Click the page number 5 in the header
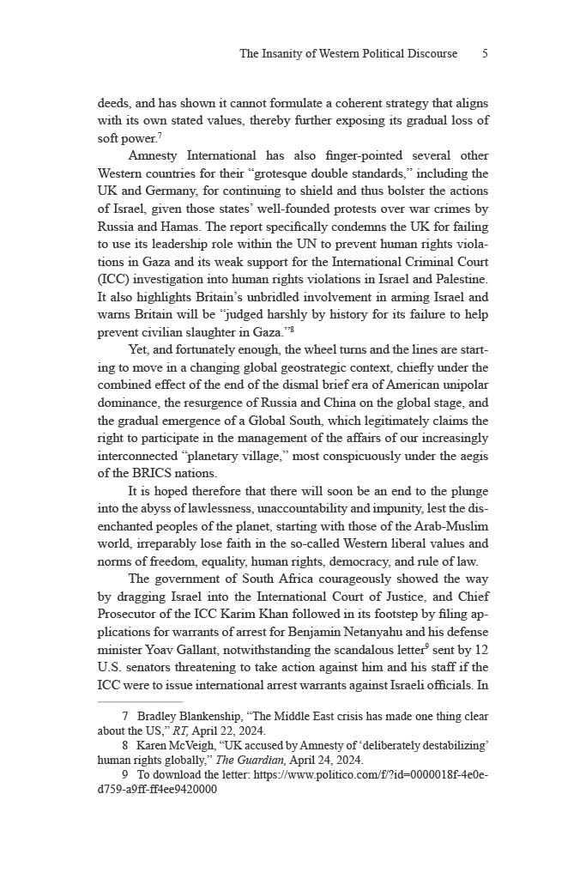[485, 53]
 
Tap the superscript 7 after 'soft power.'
[160, 136]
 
